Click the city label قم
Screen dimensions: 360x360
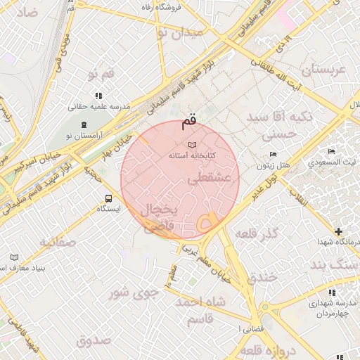189,122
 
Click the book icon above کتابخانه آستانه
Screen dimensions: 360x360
191,143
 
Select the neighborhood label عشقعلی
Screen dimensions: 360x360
206,179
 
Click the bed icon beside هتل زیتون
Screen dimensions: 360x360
273,155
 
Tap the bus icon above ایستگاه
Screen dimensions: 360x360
108,198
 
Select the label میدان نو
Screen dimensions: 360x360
179,32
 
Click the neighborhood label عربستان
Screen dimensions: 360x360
325,71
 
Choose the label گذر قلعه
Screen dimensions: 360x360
257,233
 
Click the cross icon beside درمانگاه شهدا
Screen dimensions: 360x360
339,231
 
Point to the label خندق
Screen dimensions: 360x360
263,277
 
